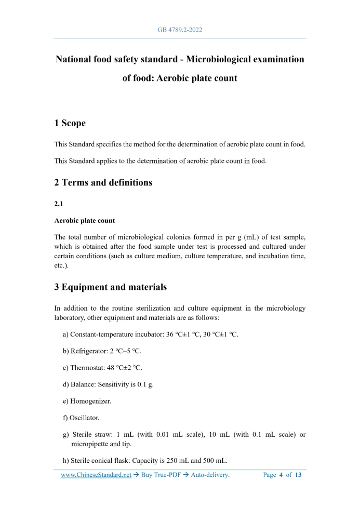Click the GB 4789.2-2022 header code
(180, 30)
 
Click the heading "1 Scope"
(70, 123)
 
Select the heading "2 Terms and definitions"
(103, 183)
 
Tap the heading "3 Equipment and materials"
(111, 287)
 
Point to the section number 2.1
(59, 204)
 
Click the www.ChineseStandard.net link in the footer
(96, 475)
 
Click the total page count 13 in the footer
(298, 475)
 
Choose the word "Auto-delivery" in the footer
(209, 475)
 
